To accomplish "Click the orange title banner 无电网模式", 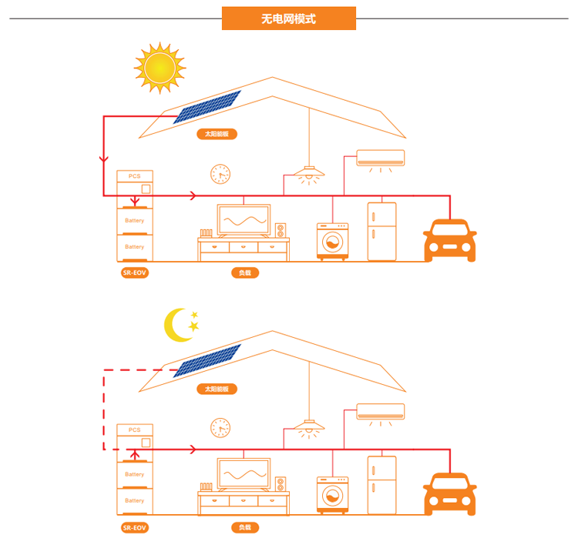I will pos(288,18).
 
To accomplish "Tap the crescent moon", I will pos(178,325).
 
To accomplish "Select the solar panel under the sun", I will pos(207,107).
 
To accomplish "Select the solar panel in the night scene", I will pos(207,360).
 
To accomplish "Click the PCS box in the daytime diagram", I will pos(135,177).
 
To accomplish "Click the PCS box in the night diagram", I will pos(135,430).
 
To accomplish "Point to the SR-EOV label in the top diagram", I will pos(134,272).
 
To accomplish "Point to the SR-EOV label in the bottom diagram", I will pos(134,527).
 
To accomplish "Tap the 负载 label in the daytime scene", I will pos(244,272).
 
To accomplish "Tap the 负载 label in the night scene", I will pos(244,527).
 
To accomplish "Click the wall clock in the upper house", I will pos(220,174).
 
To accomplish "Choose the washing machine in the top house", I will pos(332,242).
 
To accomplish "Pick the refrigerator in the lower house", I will pos(381,485).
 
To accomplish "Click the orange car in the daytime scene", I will pos(449,240).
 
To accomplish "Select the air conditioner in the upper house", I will pos(381,158).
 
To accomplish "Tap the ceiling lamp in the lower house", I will pos(309,426).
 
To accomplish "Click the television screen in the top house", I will pos(244,220).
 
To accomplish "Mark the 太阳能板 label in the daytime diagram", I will pos(217,134).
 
